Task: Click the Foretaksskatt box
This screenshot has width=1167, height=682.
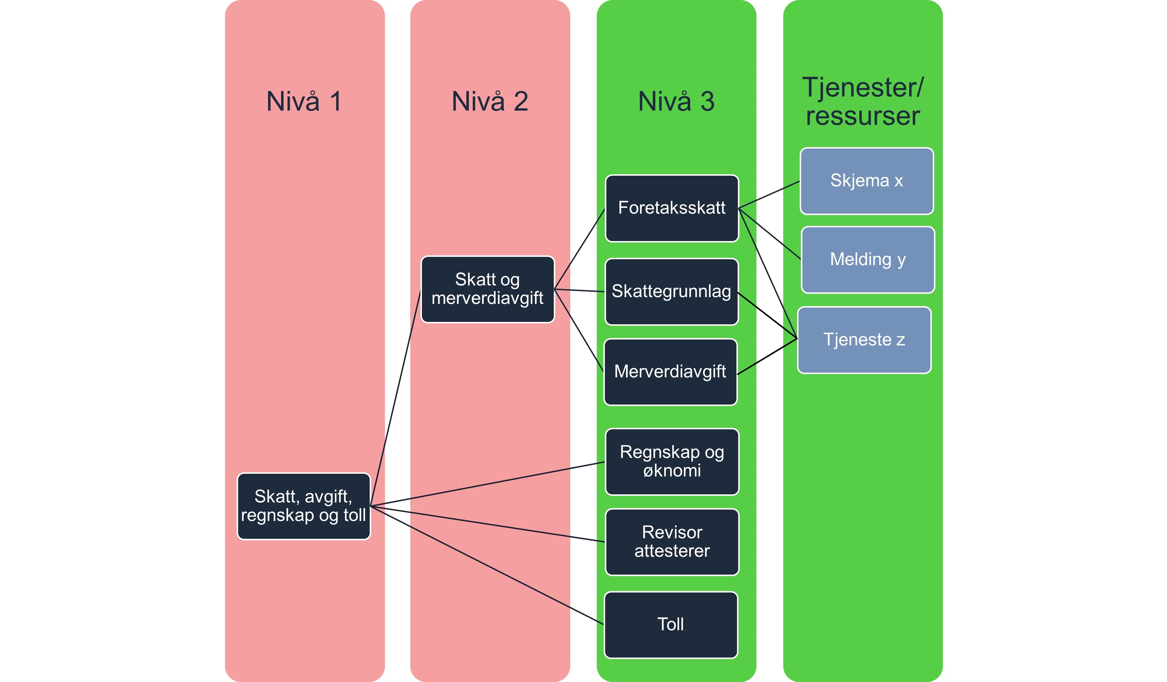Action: point(671,208)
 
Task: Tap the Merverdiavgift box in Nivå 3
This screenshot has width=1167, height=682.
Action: point(670,372)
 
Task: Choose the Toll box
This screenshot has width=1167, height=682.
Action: point(670,625)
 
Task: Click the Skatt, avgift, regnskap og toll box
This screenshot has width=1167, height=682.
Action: point(303,506)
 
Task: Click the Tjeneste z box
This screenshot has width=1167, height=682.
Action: point(864,340)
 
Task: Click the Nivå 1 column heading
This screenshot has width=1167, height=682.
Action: point(304,101)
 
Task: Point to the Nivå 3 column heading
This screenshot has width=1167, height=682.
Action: point(676,101)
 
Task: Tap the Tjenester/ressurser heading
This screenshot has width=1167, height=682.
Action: point(863,101)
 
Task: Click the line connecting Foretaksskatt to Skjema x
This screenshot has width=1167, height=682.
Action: point(769,195)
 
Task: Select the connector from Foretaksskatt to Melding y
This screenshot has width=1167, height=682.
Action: point(770,234)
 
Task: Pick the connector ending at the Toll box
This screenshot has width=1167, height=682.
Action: point(486,565)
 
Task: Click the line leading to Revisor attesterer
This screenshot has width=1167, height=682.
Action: point(486,524)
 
